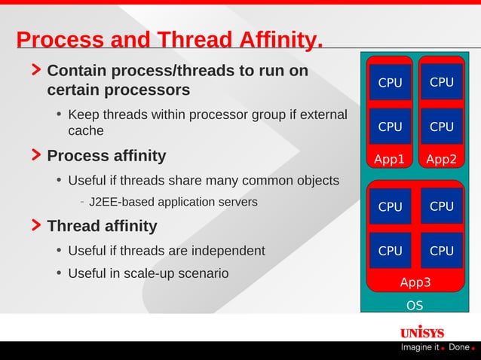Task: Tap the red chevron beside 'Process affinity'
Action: click(36, 156)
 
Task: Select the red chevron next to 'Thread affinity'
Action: click(36, 226)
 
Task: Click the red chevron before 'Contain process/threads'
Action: click(36, 71)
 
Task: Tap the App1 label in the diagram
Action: click(390, 159)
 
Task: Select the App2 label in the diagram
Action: click(441, 159)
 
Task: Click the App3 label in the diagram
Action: click(415, 283)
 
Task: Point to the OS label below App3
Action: click(415, 305)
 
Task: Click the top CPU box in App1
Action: click(390, 83)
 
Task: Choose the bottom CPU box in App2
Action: click(441, 127)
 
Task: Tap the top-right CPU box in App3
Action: click(441, 206)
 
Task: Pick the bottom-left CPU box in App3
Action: click(390, 251)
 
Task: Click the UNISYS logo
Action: click(421, 332)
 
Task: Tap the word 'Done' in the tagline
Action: click(458, 347)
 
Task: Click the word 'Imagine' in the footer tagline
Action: click(417, 347)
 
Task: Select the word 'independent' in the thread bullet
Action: click(229, 251)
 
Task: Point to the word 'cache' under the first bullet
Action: click(85, 131)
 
